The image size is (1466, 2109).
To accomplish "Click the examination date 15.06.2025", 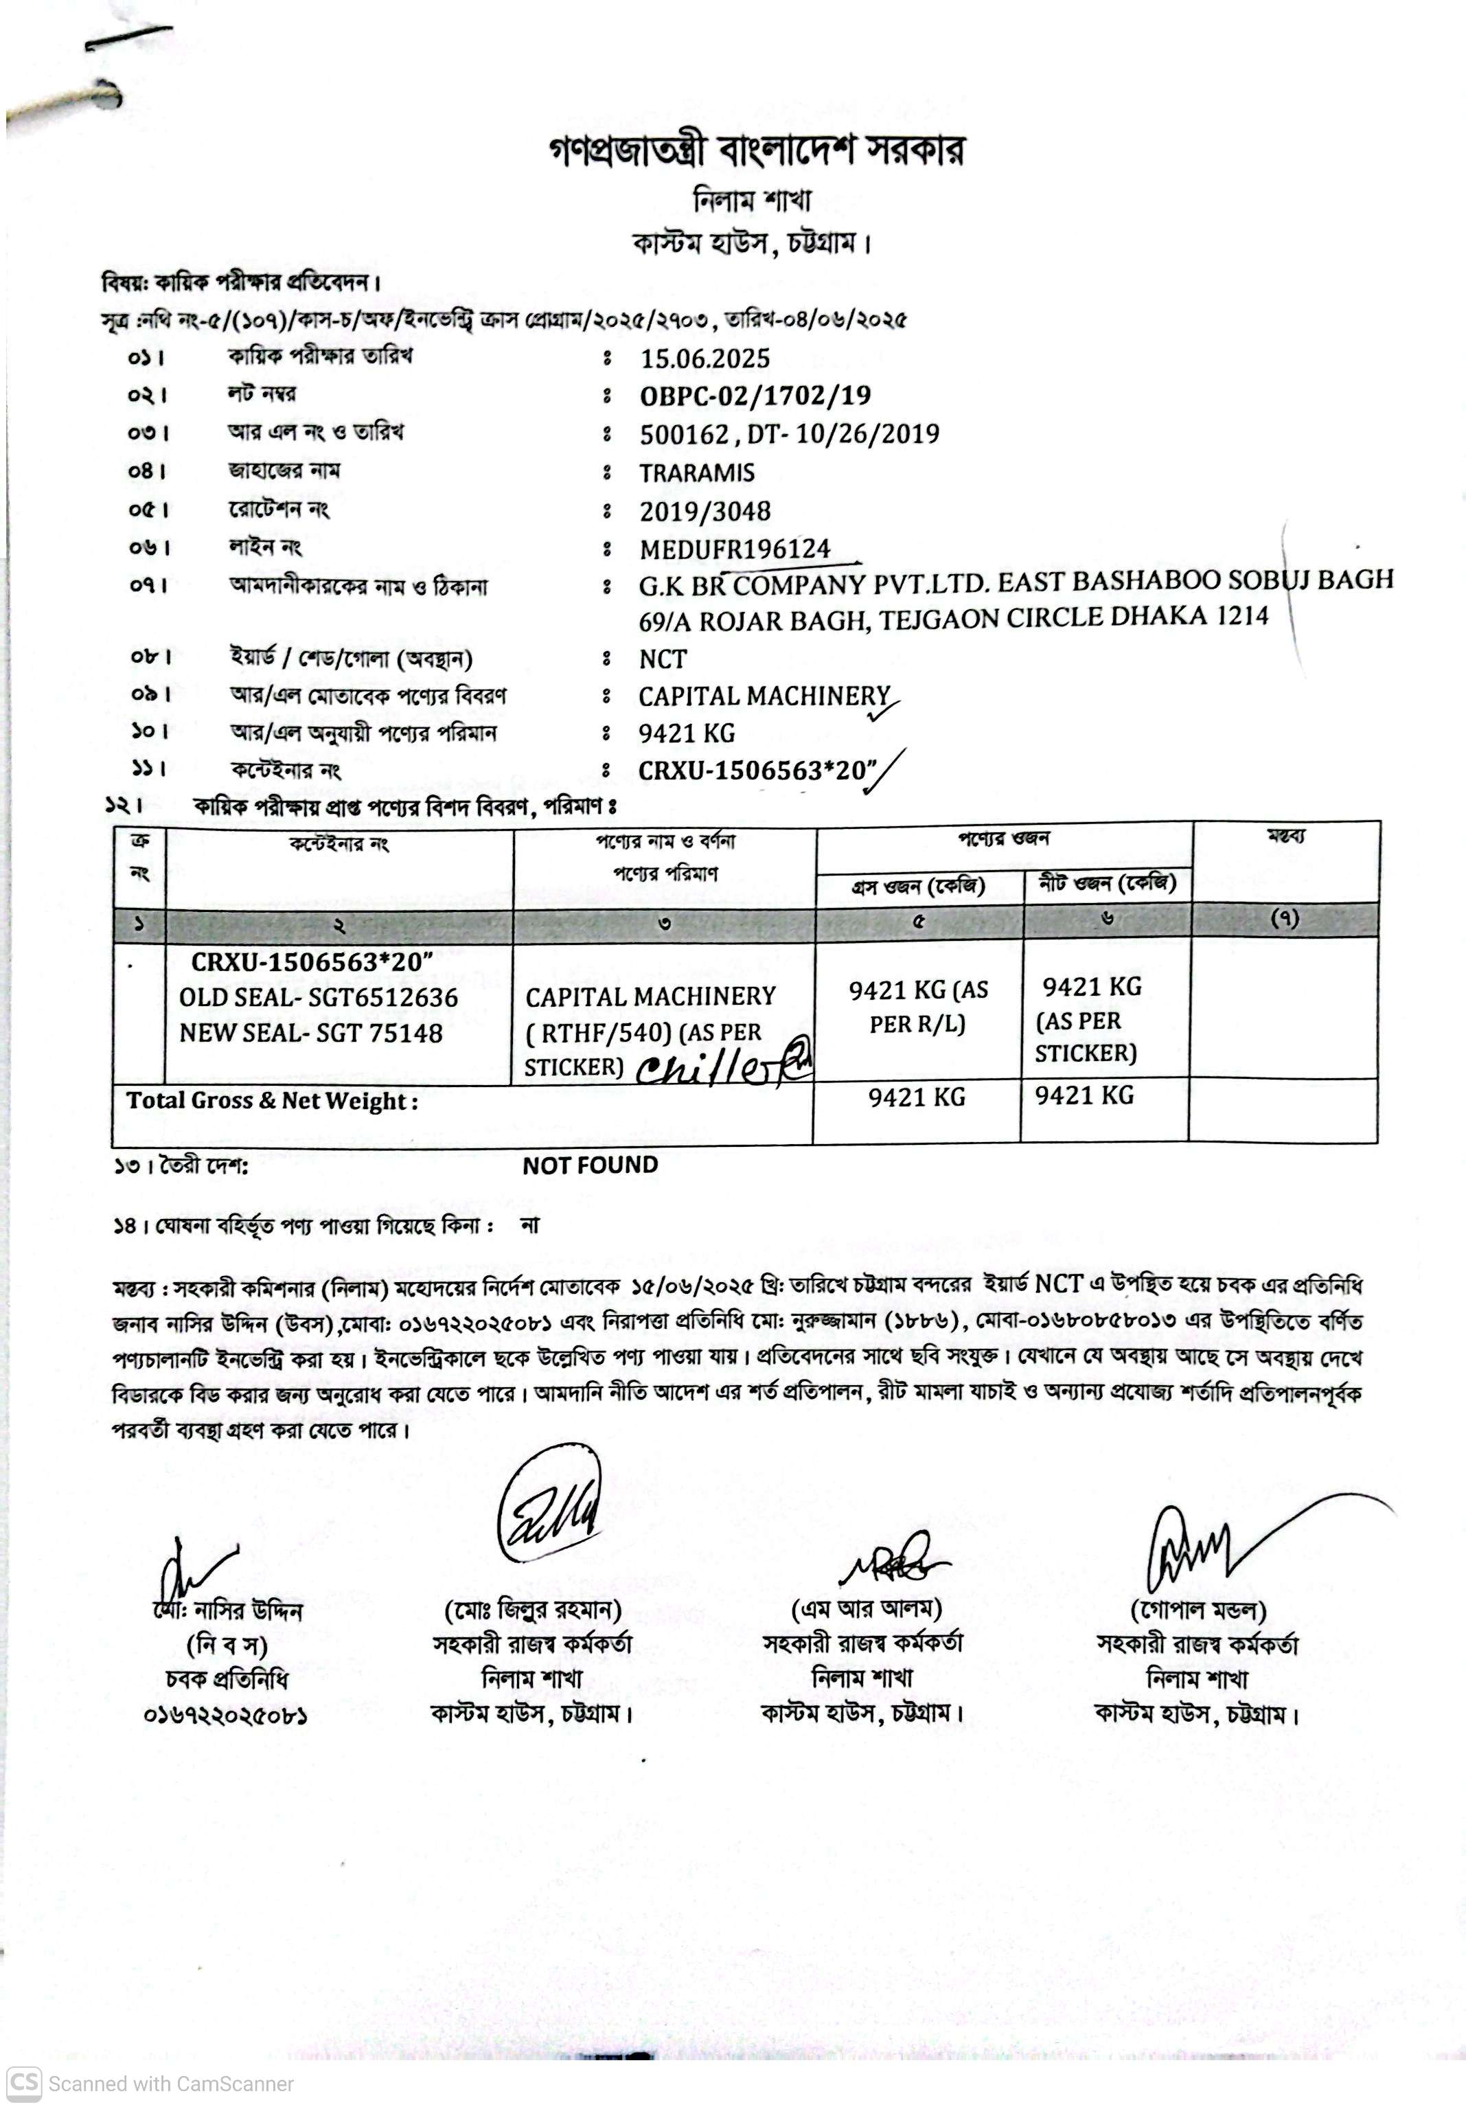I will pos(705,358).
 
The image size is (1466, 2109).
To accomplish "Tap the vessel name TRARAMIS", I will pos(696,473).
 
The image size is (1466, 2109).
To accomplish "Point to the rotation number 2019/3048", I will pos(705,511).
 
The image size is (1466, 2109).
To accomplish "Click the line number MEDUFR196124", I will pos(735,549).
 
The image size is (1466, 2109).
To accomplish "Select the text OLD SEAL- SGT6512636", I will pos(318,998).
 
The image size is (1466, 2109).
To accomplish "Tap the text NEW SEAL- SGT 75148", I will pos(310,1034).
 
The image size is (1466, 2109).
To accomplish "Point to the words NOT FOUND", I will pos(590,1165).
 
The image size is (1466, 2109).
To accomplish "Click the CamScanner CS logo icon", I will pos(24,2082).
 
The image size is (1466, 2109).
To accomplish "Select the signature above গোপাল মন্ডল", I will pos(1194,1552).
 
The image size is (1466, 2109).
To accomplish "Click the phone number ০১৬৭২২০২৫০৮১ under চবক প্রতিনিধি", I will pos(225,1715).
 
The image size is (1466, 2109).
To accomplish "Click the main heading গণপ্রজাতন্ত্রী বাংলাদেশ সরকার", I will pos(756,150).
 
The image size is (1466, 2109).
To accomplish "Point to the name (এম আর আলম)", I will pos(865,1608).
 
